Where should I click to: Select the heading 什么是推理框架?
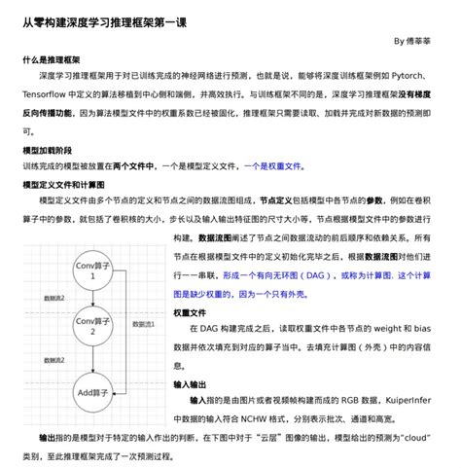(x=53, y=59)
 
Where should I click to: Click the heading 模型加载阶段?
(x=47, y=152)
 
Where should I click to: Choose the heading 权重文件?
(x=190, y=313)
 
